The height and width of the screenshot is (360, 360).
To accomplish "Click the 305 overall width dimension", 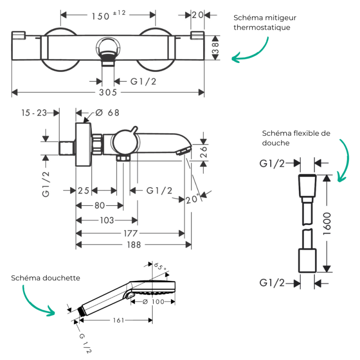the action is tap(108, 92).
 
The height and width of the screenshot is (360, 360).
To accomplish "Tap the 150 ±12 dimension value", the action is tap(108, 15).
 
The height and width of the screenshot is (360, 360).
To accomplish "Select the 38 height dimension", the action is tap(216, 48).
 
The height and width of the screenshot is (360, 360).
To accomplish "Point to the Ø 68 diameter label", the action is tap(107, 113).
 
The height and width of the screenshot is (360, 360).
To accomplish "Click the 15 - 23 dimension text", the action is tap(34, 113).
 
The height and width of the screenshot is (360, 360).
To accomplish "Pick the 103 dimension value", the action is tap(107, 220).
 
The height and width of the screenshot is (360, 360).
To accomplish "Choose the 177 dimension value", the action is tap(130, 234).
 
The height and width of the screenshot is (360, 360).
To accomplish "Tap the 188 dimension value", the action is tap(134, 245).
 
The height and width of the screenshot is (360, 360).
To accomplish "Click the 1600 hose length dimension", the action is tap(327, 224).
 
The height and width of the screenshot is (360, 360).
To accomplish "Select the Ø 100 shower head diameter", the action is tap(153, 301).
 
